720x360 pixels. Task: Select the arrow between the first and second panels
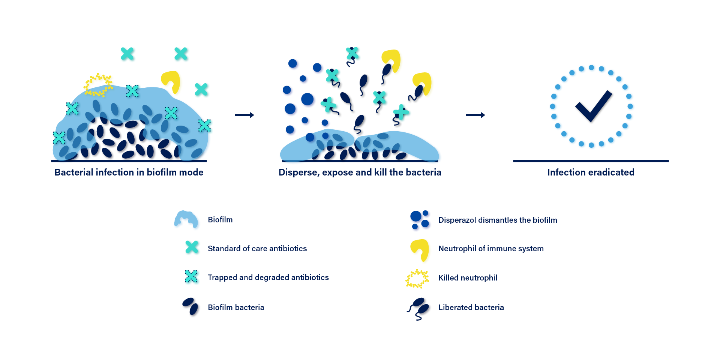click(244, 115)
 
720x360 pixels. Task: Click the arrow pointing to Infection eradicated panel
click(475, 115)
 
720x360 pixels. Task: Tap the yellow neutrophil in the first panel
click(171, 81)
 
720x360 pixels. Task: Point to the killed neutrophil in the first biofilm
click(98, 85)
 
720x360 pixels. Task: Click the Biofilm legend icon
click(186, 219)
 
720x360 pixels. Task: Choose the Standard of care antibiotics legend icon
click(192, 247)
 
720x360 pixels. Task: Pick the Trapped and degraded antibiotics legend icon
click(191, 276)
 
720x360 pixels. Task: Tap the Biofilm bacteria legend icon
click(190, 306)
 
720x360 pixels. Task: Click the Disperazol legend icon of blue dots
click(419, 220)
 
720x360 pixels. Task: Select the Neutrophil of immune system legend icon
click(420, 249)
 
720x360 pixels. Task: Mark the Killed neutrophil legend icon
click(417, 279)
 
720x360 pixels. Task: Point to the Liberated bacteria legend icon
click(418, 309)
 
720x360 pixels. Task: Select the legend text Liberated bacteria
click(471, 307)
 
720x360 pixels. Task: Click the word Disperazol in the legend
click(457, 220)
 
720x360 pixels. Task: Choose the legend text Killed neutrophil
click(468, 278)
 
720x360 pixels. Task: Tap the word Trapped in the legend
click(222, 277)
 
